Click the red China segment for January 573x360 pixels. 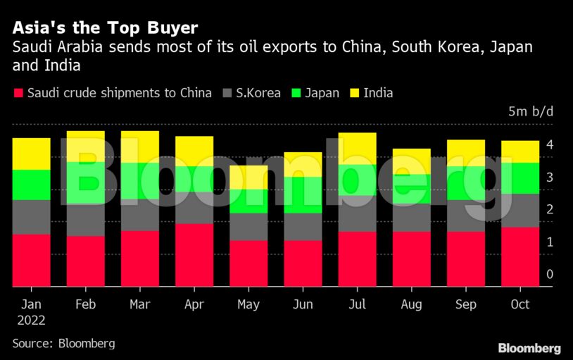pos(31,260)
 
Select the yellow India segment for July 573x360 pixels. pos(357,149)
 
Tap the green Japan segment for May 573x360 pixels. pos(248,201)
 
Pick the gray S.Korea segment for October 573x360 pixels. pos(520,210)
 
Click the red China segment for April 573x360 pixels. pos(194,255)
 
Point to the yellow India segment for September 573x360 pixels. pos(465,153)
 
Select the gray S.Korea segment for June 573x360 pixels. pos(303,227)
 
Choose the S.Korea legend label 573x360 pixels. pos(259,93)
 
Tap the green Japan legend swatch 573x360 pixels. pos(296,93)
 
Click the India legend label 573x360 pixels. pos(378,93)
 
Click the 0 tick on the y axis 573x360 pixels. pos(550,274)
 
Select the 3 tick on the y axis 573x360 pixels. pos(550,177)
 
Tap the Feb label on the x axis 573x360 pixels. pos(86,304)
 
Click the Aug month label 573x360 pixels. pos(411,304)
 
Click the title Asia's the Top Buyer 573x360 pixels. pos(105,28)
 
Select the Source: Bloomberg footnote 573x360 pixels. pos(63,343)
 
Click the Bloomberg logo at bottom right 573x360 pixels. pos(529,348)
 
